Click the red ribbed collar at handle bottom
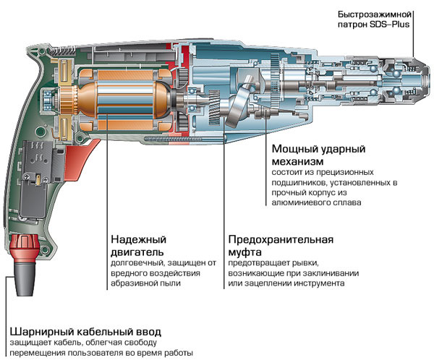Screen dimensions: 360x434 (x=25, y=247)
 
